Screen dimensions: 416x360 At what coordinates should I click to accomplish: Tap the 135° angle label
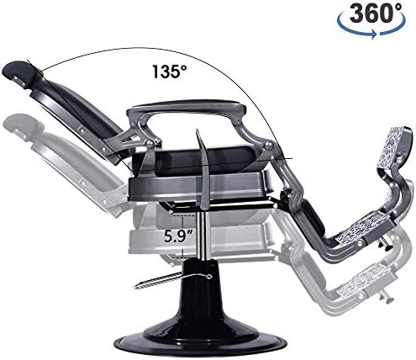tap(169, 71)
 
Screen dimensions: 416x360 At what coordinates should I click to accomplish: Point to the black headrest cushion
tap(18, 73)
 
